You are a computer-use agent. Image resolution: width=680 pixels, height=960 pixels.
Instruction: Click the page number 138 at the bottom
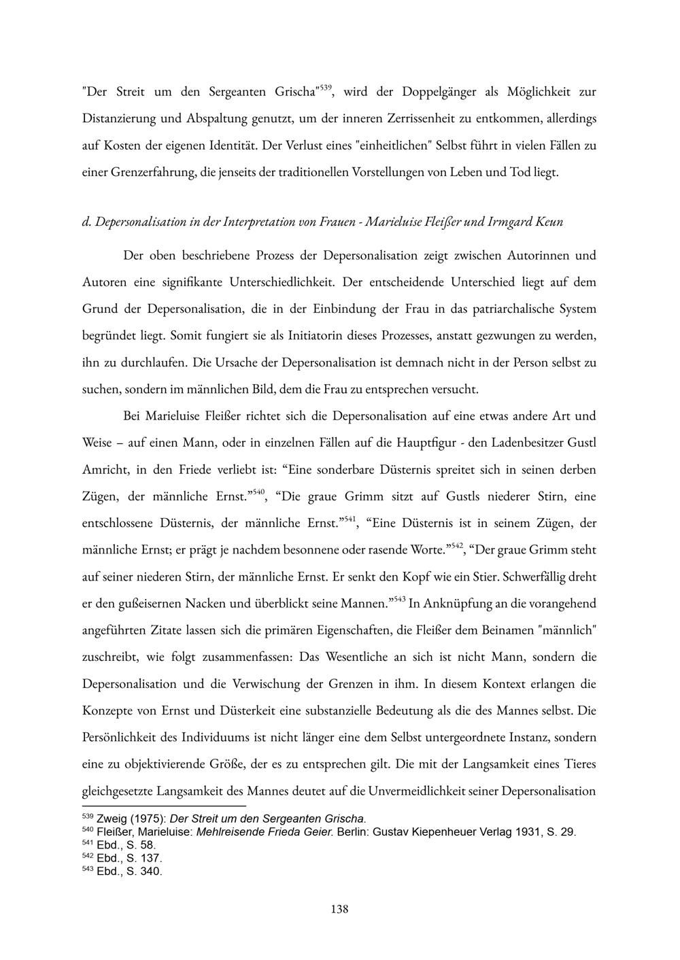339,909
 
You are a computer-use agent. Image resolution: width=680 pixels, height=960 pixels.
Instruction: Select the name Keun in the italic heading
549,222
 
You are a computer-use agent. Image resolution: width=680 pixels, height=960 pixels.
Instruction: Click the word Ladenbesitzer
528,443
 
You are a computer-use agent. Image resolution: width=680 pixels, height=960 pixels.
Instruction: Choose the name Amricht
104,470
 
